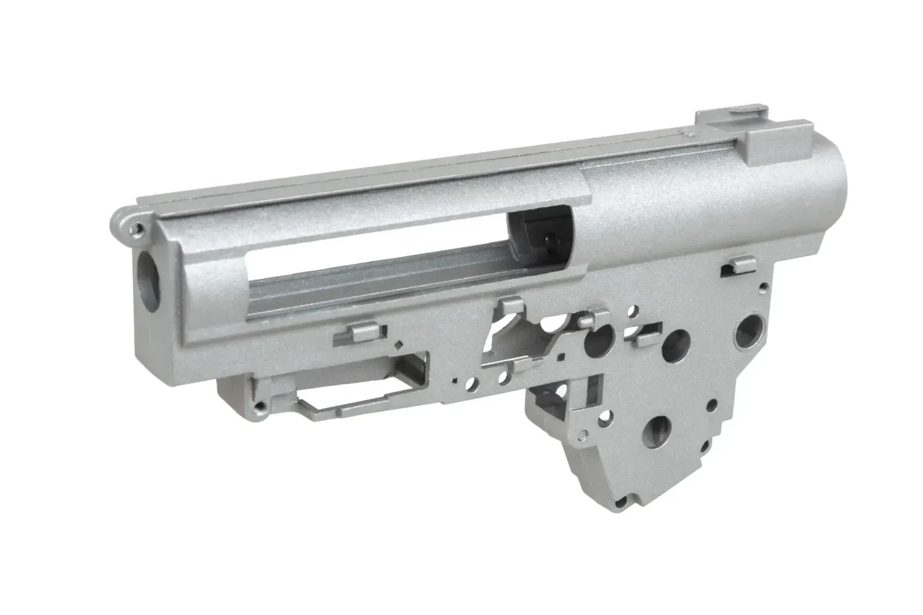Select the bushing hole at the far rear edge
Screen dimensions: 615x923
[x=751, y=324]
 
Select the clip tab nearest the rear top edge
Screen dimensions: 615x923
[x=737, y=265]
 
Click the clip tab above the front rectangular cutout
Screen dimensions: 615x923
[x=353, y=334]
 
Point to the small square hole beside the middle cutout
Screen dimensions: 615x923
[x=561, y=356]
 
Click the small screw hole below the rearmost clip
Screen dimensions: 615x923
[x=763, y=287]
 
